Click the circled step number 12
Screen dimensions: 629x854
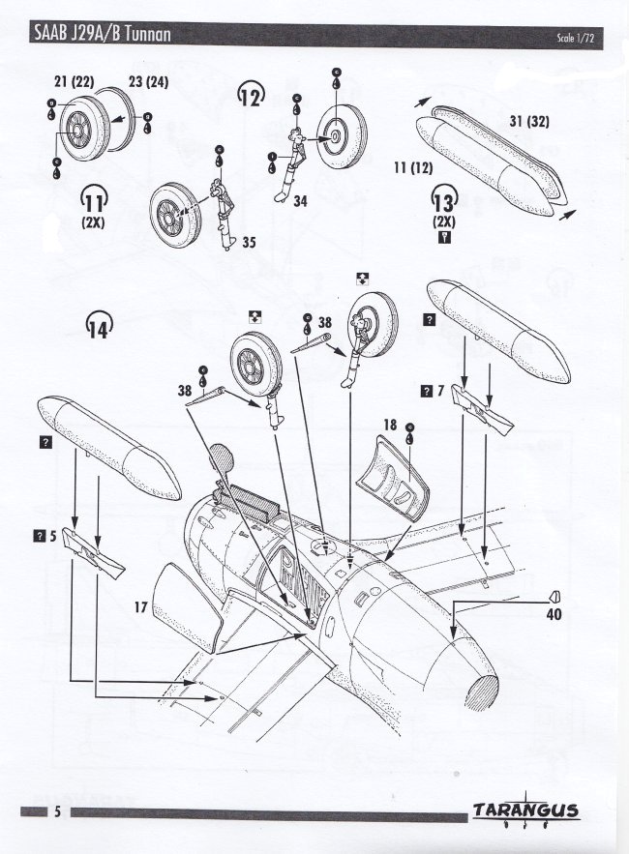click(x=251, y=96)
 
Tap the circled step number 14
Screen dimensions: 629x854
click(x=100, y=326)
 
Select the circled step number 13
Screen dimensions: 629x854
click(x=444, y=200)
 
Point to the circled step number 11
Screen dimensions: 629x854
click(x=94, y=199)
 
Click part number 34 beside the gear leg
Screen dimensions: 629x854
click(x=300, y=201)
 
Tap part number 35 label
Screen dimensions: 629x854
click(x=249, y=243)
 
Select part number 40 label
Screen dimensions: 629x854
click(x=554, y=614)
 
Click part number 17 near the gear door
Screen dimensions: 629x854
click(x=141, y=606)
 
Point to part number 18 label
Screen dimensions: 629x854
click(x=390, y=425)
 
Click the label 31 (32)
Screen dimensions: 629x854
click(x=529, y=122)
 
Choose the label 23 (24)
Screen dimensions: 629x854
click(x=148, y=82)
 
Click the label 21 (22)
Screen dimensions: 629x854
click(x=75, y=82)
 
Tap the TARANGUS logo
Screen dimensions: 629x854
click(x=526, y=810)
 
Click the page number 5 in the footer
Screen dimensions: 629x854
click(x=57, y=812)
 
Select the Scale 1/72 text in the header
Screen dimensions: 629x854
click(x=576, y=38)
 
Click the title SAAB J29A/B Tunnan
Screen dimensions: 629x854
click(x=103, y=34)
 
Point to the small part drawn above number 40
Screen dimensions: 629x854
click(x=555, y=597)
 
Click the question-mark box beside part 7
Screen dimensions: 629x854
click(x=426, y=391)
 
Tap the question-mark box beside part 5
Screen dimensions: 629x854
click(x=40, y=536)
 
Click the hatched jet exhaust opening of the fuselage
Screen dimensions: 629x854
click(x=482, y=692)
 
